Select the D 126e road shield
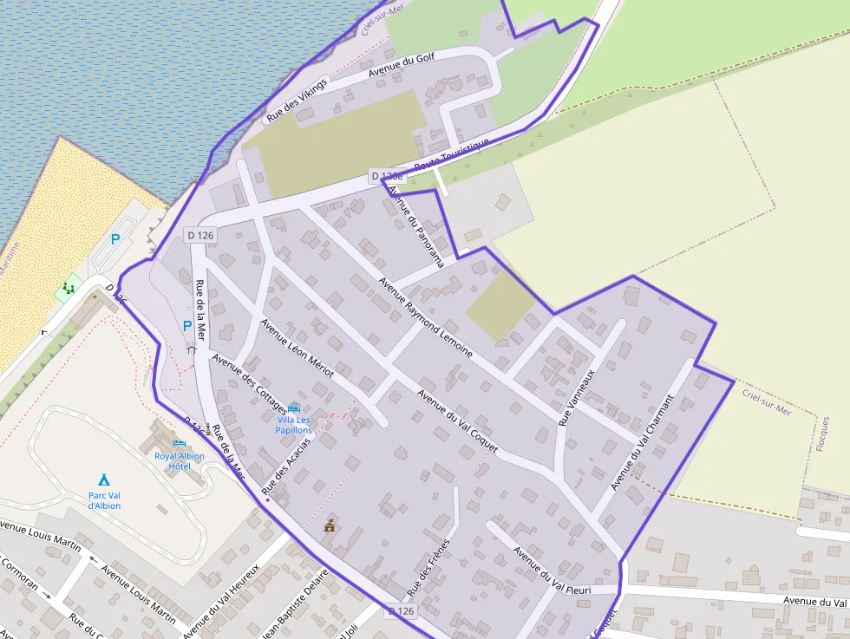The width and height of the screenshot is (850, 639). coord(386,176)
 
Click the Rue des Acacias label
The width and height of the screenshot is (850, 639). coord(286,472)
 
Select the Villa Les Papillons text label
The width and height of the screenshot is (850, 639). coord(293,425)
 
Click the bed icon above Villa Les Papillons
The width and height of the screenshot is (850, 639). coord(294,408)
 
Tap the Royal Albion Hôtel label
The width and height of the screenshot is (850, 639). coord(180,460)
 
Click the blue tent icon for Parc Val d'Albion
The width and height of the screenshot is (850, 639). coord(104,479)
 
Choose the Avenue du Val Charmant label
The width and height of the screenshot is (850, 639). coord(642,442)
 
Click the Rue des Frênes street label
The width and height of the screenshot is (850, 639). coord(429,566)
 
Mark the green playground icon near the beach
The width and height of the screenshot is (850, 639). coord(69,287)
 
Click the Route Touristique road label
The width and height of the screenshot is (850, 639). coord(451,153)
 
